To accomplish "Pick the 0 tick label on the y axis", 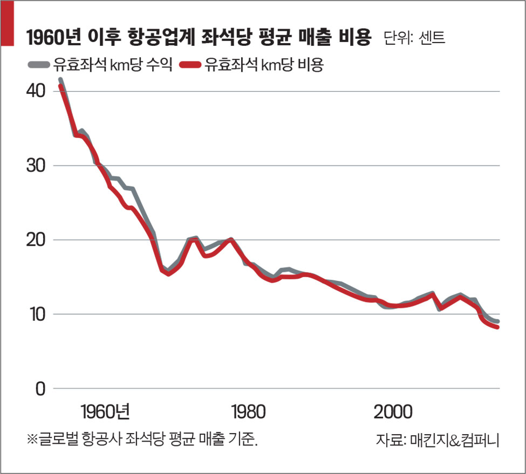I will (x=39, y=389).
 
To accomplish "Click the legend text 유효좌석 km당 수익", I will (x=112, y=66).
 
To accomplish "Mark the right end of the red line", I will (x=497, y=327).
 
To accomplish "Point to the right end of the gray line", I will (x=497, y=321).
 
